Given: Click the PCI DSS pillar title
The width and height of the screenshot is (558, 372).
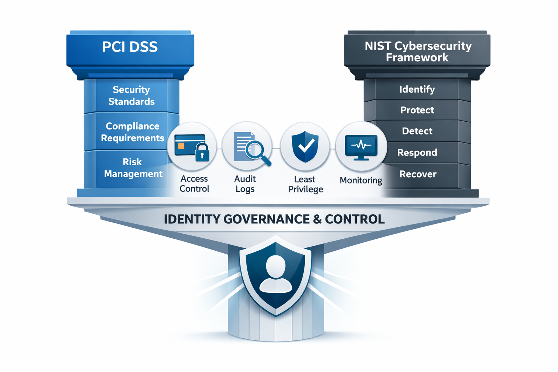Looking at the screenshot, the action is (130, 47).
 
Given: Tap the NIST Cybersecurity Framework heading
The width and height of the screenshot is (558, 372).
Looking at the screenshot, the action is (418, 52).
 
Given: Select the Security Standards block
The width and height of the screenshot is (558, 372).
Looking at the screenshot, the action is (132, 96).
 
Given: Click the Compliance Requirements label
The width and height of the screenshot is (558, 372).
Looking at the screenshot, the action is (133, 132).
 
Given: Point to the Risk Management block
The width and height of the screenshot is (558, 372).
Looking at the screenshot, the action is (133, 168).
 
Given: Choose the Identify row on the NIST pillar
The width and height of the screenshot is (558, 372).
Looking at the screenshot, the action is (417, 89).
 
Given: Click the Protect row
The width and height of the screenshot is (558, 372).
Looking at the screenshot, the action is (417, 110).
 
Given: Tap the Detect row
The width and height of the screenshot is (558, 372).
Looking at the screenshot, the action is (417, 131).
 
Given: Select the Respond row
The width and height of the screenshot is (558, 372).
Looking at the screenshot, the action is (417, 153).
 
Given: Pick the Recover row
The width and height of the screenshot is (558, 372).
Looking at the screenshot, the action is (418, 174).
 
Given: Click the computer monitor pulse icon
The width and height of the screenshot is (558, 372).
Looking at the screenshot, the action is (361, 147).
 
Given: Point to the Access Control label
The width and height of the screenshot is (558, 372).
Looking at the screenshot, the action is (194, 184).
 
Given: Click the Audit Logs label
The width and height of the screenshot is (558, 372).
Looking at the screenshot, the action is (245, 184).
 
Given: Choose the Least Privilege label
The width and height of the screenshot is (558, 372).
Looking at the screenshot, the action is (305, 184).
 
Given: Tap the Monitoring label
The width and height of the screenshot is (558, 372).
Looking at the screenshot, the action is (361, 181).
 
